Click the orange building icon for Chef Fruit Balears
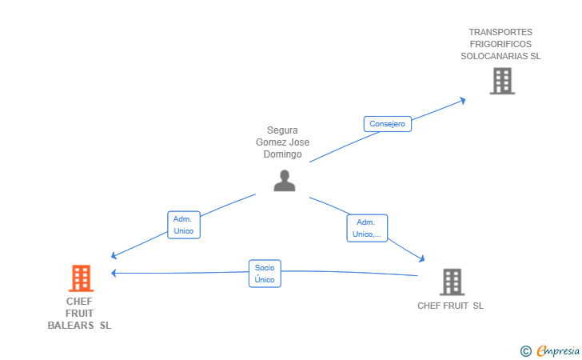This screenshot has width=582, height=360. [81, 278]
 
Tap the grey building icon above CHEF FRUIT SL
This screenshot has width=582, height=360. [452, 282]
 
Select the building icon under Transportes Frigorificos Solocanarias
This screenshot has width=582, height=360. [502, 81]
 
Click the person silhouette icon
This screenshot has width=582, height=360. [285, 181]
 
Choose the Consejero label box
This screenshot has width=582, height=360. [387, 124]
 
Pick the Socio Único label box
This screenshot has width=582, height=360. [265, 274]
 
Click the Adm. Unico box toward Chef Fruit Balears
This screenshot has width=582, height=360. [184, 225]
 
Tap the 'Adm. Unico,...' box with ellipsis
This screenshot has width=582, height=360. [367, 228]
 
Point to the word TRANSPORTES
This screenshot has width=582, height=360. [500, 32]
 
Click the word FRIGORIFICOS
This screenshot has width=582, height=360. [500, 44]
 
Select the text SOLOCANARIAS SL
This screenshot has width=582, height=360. [500, 56]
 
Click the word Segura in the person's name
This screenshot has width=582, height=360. [282, 130]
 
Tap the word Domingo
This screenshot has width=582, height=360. [282, 154]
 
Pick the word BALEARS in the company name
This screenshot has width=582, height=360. [70, 326]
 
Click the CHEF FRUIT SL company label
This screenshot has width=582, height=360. [450, 306]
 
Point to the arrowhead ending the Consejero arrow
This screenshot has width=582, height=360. [462, 100]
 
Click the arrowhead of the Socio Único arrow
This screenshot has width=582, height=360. [114, 273]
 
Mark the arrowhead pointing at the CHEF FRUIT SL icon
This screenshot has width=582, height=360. [421, 258]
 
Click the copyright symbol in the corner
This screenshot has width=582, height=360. [525, 351]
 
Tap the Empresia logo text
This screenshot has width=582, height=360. [558, 350]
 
